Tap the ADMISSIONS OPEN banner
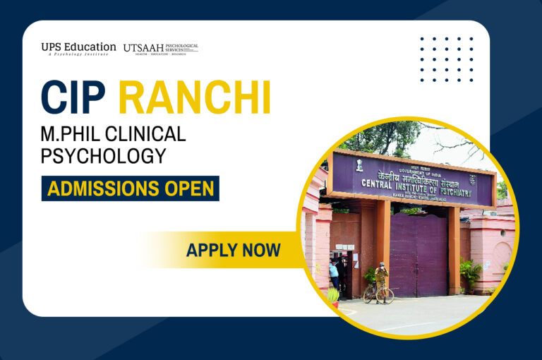(130, 188)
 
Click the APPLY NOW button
(233, 249)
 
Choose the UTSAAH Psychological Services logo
(160, 48)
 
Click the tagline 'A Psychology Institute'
(77, 54)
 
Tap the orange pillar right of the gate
(453, 247)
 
